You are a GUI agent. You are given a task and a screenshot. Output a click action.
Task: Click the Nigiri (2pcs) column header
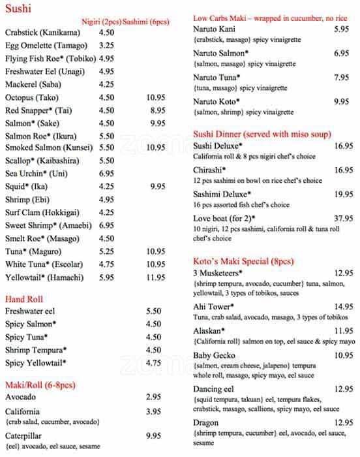[x=101, y=22]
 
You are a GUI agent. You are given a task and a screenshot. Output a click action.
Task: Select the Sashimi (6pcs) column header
[x=145, y=22]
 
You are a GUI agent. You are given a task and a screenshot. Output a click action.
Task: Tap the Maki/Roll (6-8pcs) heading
[x=39, y=384]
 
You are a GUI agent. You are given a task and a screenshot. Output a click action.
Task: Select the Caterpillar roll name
[x=24, y=435]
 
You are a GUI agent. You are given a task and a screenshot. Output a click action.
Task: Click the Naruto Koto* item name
[x=217, y=102]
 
